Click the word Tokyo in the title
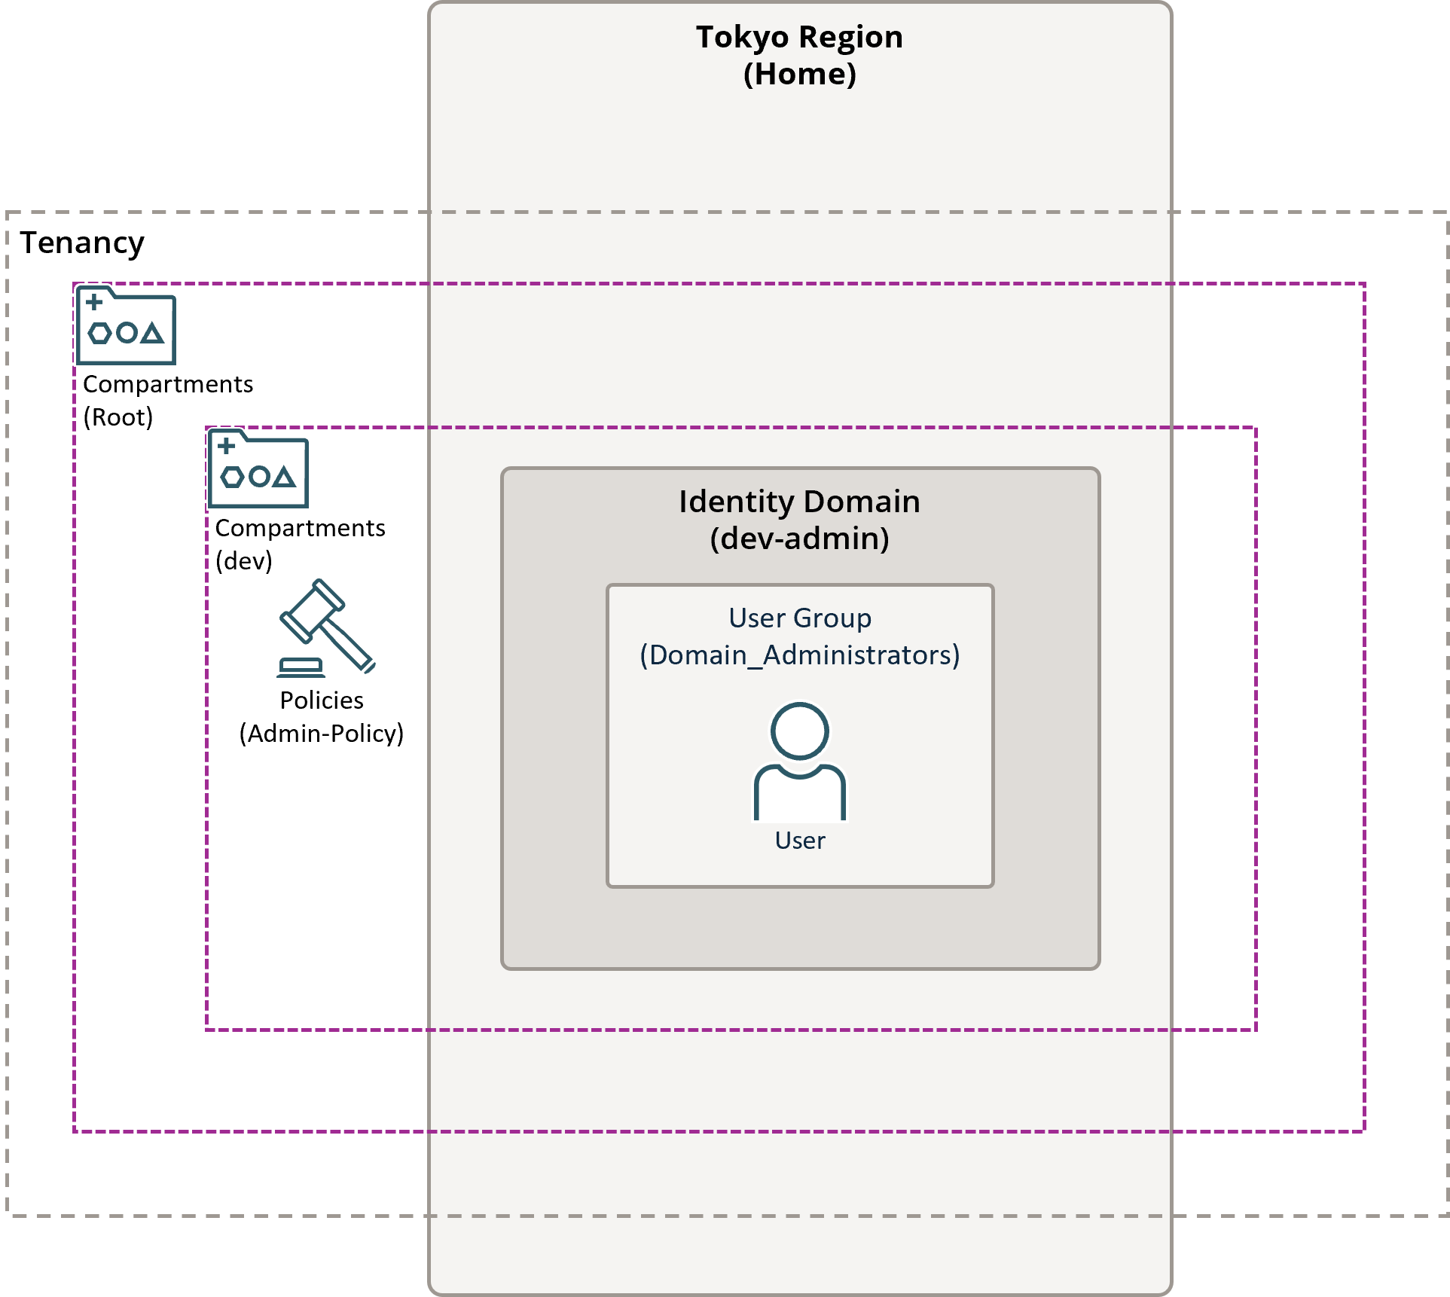(742, 38)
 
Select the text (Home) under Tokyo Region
(799, 75)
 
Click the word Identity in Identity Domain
(736, 502)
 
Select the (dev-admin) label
(799, 539)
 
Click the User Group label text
(800, 618)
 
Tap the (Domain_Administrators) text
(800, 655)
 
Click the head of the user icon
(799, 731)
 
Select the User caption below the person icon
(800, 841)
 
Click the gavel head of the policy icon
(312, 610)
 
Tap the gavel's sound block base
(301, 669)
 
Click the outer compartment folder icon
(127, 326)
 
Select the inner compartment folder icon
(258, 469)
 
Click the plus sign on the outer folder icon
(94, 303)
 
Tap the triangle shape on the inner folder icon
(284, 477)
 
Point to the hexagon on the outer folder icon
(99, 333)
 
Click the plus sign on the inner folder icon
(226, 446)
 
